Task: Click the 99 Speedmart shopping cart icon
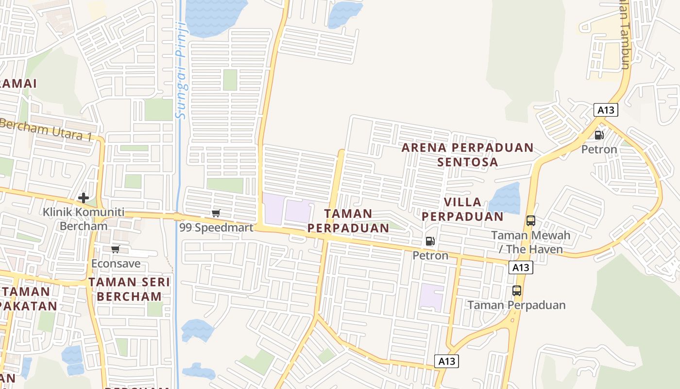point(216,213)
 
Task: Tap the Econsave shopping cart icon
point(115,249)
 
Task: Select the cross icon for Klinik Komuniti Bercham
point(84,197)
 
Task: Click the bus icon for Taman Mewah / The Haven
point(531,221)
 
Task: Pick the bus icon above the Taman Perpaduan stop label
point(517,291)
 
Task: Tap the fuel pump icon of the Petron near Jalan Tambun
point(599,135)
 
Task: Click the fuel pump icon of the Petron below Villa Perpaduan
point(430,241)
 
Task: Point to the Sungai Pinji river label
point(181,71)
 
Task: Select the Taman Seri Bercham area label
point(129,289)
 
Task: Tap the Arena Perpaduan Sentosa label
point(468,155)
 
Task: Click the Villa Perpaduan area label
point(463,209)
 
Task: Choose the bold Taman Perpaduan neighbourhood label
point(348,221)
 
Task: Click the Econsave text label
point(116,264)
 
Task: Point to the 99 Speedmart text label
point(217,228)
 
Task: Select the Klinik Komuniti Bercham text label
point(84,219)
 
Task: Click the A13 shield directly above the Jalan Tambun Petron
point(606,110)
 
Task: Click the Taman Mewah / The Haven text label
point(531,242)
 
